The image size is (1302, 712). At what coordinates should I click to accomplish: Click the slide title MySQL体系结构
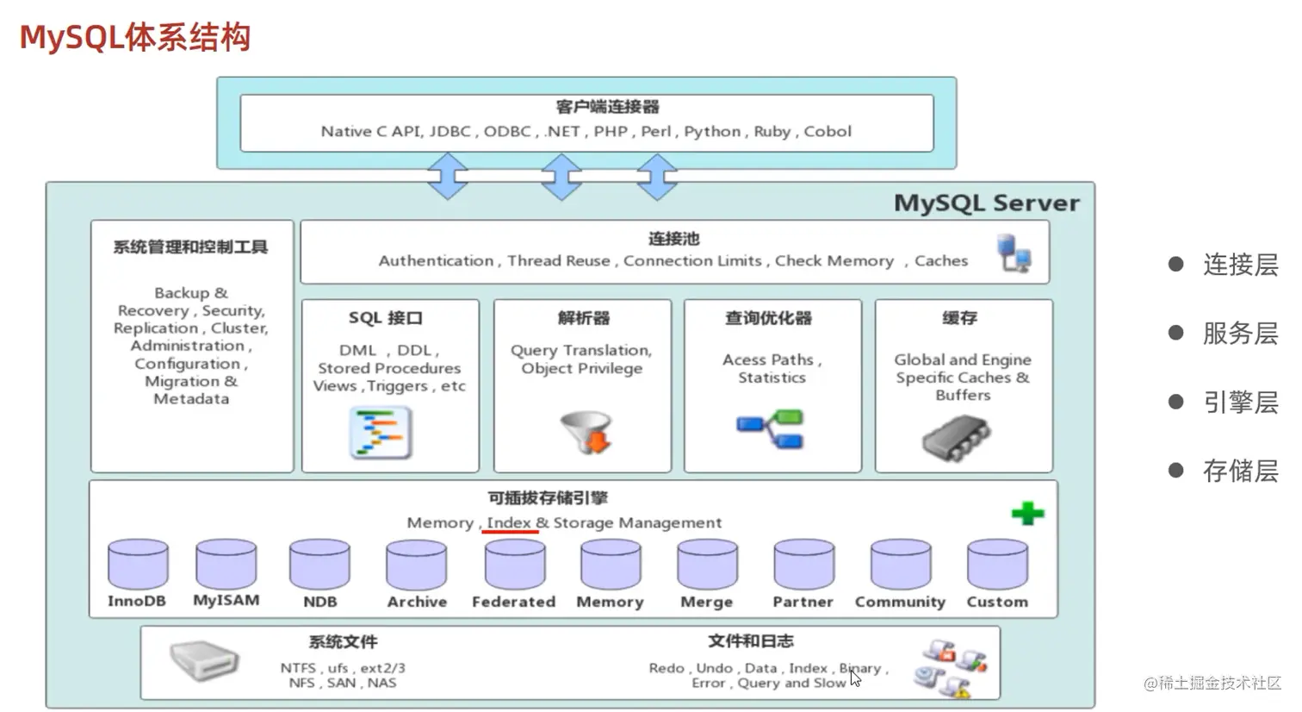tap(135, 38)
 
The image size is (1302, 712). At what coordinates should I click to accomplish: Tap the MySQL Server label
tap(986, 203)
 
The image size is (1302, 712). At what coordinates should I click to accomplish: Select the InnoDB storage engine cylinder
tap(138, 565)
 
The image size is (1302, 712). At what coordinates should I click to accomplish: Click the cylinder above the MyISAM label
tap(226, 565)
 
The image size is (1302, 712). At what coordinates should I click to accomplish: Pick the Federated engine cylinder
tap(514, 565)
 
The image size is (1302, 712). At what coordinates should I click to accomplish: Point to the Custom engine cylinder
tap(997, 565)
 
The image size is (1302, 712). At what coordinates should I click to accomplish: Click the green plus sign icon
tap(1027, 514)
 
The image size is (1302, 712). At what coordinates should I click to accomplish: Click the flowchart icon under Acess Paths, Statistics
tap(770, 429)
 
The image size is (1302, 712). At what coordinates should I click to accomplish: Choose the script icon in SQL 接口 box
tap(381, 434)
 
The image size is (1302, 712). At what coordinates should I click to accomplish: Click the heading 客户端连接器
tap(607, 107)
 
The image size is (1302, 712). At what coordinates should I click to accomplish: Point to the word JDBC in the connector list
tap(449, 132)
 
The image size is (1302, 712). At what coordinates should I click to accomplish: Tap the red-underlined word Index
tap(509, 522)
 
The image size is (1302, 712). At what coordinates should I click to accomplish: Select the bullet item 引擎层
tap(1240, 403)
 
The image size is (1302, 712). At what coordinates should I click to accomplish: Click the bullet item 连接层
tap(1240, 265)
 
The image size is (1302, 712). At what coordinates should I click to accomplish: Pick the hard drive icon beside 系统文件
tap(203, 662)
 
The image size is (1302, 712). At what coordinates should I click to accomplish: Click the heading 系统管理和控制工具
tap(190, 247)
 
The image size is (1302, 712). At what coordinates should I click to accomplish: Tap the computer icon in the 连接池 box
tap(1014, 253)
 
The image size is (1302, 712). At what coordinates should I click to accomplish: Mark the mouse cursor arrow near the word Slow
tap(855, 678)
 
